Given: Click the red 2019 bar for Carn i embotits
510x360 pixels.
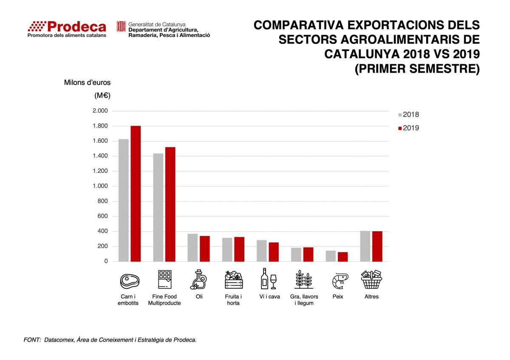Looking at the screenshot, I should point(136,194).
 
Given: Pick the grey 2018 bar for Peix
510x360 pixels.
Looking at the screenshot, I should point(331,256).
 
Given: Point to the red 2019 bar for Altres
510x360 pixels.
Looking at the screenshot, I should point(377,247).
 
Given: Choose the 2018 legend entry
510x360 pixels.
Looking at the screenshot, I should point(408,115).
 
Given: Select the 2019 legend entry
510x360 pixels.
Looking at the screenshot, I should point(408,128).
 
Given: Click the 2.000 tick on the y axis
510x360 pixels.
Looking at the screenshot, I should point(100,111).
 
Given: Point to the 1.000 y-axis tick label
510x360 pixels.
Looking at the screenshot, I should point(100,186).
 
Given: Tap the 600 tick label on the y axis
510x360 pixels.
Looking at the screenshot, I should point(102,216).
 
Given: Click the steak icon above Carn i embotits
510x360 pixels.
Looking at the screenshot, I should point(130,280).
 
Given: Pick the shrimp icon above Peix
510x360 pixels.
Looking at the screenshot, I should point(340,281).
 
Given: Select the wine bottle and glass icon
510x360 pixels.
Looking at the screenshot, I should point(269,279).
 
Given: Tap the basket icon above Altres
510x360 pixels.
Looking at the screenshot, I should point(371,280).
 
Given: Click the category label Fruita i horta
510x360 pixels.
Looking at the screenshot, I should point(233,300).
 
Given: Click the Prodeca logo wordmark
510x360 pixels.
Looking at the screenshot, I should point(67,27).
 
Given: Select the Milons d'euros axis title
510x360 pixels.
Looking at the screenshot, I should point(87,82).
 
